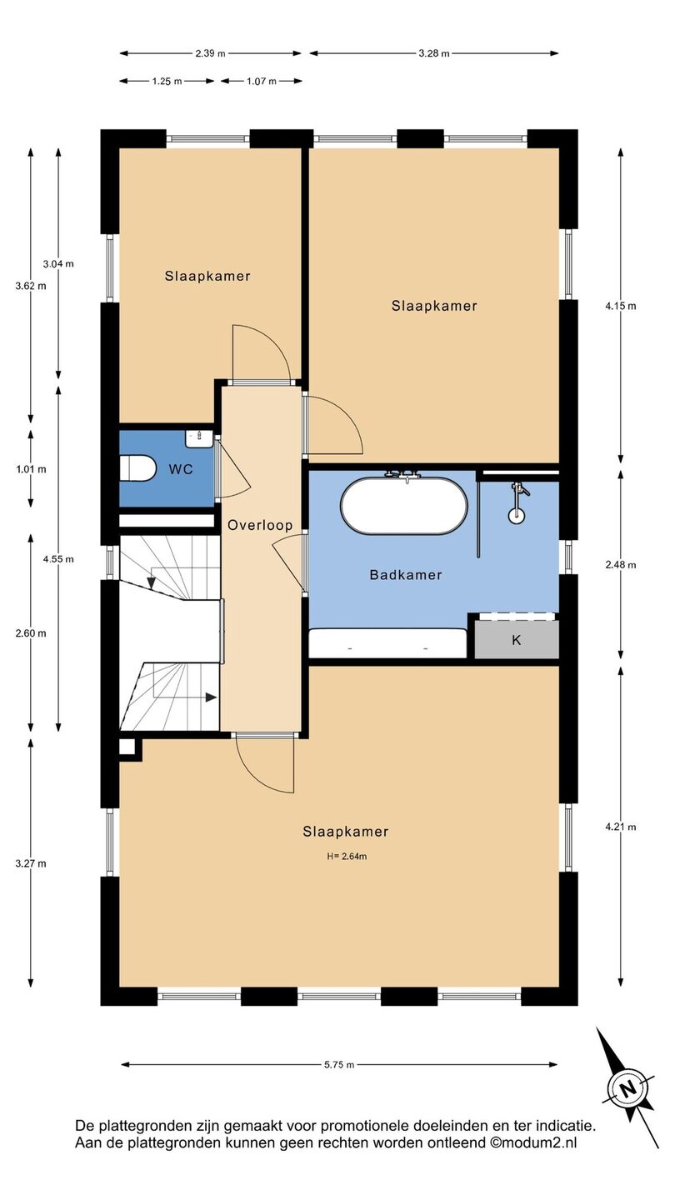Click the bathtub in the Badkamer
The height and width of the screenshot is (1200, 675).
404,505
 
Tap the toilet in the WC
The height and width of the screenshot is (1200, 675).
137,468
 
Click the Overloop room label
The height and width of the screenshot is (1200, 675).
260,525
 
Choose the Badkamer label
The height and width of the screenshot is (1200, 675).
406,575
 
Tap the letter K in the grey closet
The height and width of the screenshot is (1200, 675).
516,640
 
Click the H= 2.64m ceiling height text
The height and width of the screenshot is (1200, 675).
347,856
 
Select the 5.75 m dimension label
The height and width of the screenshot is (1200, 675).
338,1064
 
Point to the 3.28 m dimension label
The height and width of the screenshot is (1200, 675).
434,53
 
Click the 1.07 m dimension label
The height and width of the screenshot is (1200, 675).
262,81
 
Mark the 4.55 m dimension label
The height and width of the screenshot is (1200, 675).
58,558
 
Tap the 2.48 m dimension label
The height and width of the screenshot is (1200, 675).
621,565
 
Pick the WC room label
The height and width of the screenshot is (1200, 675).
181,469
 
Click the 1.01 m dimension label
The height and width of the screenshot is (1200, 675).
31,469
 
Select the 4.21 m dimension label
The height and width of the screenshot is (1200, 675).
621,827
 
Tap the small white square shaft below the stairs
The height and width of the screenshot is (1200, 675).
127,747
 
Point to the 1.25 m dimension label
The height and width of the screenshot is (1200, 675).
167,81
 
